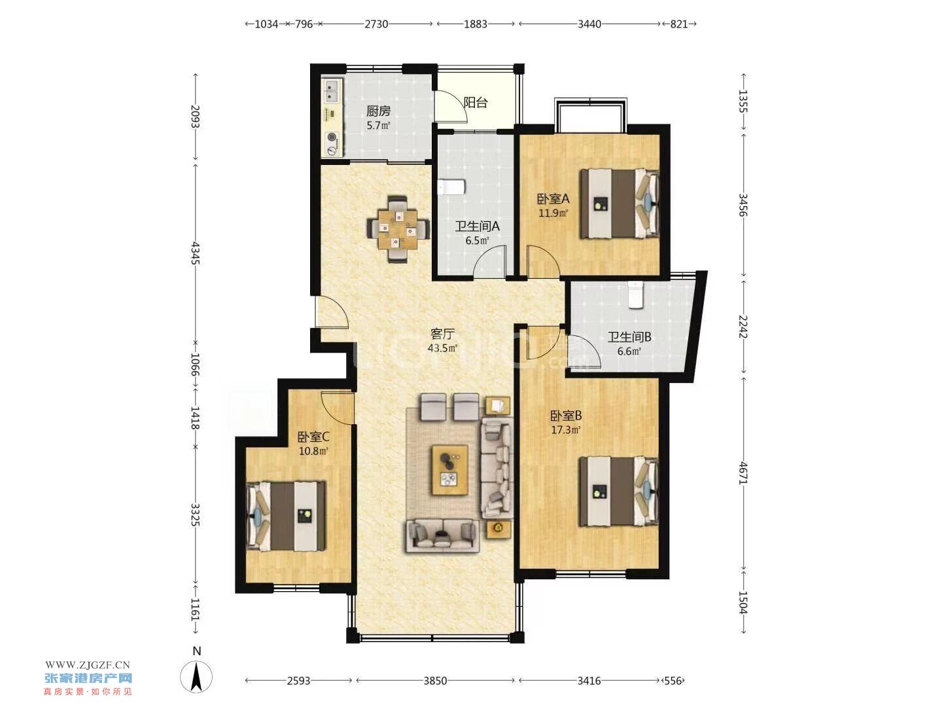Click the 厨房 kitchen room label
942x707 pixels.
pos(377,111)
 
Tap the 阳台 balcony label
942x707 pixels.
pos(476,103)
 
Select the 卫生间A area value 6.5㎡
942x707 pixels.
pos(477,240)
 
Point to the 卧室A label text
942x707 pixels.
pos(553,199)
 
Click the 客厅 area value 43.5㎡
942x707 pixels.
pos(442,348)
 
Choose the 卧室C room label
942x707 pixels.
pos(313,437)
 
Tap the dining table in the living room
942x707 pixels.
pos(398,229)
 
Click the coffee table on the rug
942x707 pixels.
pos(450,470)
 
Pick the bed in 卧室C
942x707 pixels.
pos(285,516)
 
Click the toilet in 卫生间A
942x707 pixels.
pos(451,187)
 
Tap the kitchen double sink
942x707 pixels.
pos(332,91)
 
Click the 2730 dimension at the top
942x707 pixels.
pos(376,24)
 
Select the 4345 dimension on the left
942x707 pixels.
pos(195,253)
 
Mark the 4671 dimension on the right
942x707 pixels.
pos(743,473)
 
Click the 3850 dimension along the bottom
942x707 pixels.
pos(435,680)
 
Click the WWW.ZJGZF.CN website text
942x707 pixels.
pos(87,665)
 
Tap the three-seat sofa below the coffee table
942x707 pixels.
pos(442,535)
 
